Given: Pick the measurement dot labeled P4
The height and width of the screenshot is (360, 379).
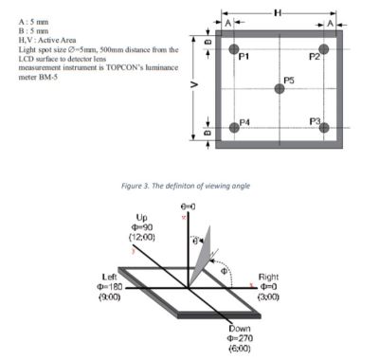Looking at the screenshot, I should pyautogui.click(x=234, y=127).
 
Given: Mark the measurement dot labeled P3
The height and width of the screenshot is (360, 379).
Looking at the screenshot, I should pyautogui.click(x=325, y=127).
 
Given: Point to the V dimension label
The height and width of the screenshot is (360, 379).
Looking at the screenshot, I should pyautogui.click(x=193, y=86).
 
